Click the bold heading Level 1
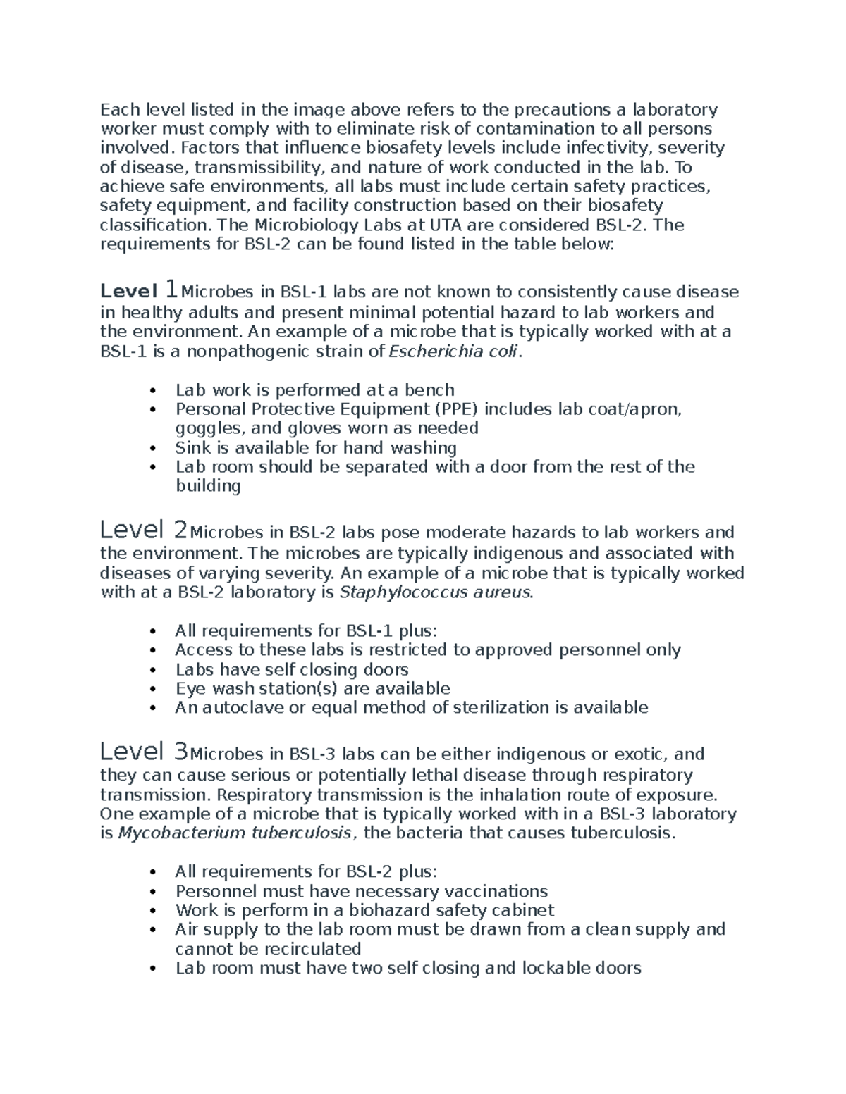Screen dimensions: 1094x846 [139, 290]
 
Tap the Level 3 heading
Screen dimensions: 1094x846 [144, 752]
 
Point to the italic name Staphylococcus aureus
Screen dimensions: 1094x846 [436, 592]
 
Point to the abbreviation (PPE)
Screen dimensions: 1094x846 [453, 409]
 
